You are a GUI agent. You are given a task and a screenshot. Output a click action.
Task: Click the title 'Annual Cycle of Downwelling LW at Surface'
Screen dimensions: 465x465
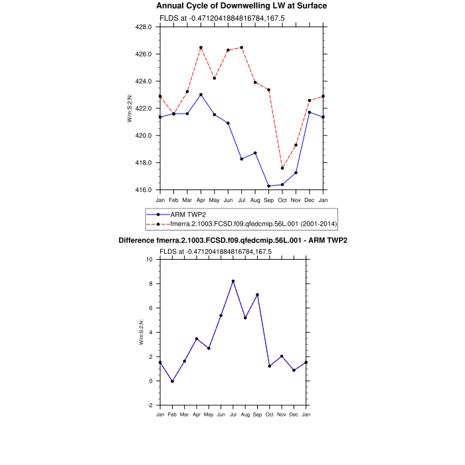[x=232, y=6]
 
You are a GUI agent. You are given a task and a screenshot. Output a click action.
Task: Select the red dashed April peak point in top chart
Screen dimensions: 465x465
[x=201, y=48]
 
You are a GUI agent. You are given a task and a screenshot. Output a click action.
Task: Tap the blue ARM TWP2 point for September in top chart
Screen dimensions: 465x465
[x=269, y=186]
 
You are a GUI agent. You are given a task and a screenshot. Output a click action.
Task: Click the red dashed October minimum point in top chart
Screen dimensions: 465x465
[x=282, y=168]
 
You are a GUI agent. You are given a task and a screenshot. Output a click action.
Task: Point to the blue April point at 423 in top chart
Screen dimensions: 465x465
[x=201, y=94]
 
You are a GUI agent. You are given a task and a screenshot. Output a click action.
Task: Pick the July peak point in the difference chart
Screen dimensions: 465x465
[x=233, y=281]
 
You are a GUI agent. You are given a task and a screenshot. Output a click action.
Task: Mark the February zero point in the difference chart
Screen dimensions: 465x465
[x=173, y=381]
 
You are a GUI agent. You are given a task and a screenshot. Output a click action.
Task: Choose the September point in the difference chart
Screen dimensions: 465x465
[x=256, y=294]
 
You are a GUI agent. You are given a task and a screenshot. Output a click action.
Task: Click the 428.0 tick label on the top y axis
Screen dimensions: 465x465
[x=143, y=27]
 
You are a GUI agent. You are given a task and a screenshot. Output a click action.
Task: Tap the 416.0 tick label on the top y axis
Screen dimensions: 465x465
[x=143, y=190]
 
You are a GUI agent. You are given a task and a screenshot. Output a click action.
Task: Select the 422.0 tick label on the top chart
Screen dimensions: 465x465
[x=143, y=109]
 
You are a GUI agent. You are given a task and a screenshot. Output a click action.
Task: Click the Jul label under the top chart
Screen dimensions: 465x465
[x=242, y=200]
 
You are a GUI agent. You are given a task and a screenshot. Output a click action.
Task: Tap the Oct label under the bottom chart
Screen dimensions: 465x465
[x=269, y=415]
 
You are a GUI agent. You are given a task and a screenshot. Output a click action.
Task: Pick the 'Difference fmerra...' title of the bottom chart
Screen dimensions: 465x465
[x=232, y=240]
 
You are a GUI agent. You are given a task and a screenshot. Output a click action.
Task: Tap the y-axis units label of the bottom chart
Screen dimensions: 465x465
[x=141, y=332]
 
